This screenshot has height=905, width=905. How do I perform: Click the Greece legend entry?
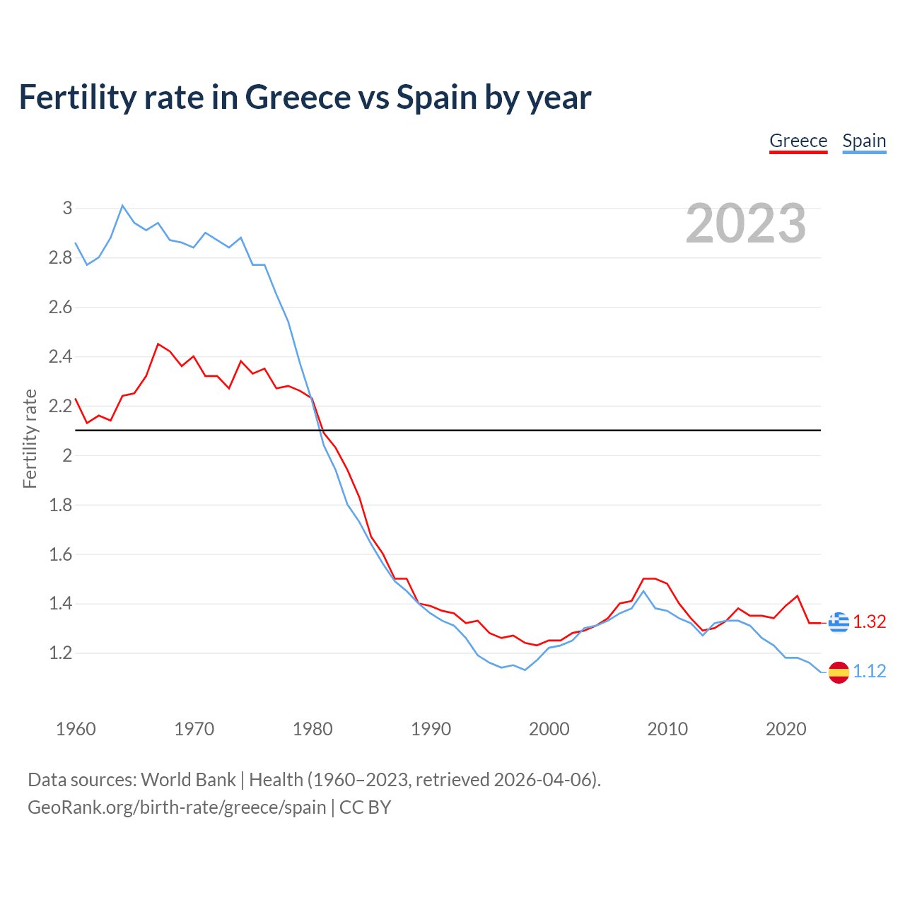coord(798,141)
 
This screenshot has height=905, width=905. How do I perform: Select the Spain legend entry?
coord(864,141)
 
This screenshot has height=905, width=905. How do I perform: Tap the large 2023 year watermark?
coord(746,223)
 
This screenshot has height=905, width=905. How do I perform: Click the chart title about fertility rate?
coord(305,97)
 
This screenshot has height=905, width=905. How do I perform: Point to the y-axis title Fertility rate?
coord(30,438)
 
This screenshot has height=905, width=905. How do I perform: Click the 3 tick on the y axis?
coord(67,208)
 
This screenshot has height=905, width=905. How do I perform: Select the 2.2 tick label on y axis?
coord(61,406)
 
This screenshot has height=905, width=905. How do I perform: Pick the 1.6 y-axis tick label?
coord(61,554)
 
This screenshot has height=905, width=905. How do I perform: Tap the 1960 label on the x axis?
coord(76,729)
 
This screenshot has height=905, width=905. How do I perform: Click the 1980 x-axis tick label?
coord(313,729)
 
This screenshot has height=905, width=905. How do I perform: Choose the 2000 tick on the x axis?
coord(549,729)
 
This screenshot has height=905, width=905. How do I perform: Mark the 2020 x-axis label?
coord(786,729)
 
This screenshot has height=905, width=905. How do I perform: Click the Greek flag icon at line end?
coord(839,622)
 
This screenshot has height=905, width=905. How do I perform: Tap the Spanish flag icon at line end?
coord(839,672)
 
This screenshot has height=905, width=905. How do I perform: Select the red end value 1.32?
coord(869,621)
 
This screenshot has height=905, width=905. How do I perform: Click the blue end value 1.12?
coord(869,671)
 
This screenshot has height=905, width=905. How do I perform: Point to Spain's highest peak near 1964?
coord(122,206)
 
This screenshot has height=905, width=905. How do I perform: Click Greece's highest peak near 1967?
coord(158,344)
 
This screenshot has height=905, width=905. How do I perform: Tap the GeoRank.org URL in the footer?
coord(177,807)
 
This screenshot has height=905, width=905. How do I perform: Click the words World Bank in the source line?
coord(188,779)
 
